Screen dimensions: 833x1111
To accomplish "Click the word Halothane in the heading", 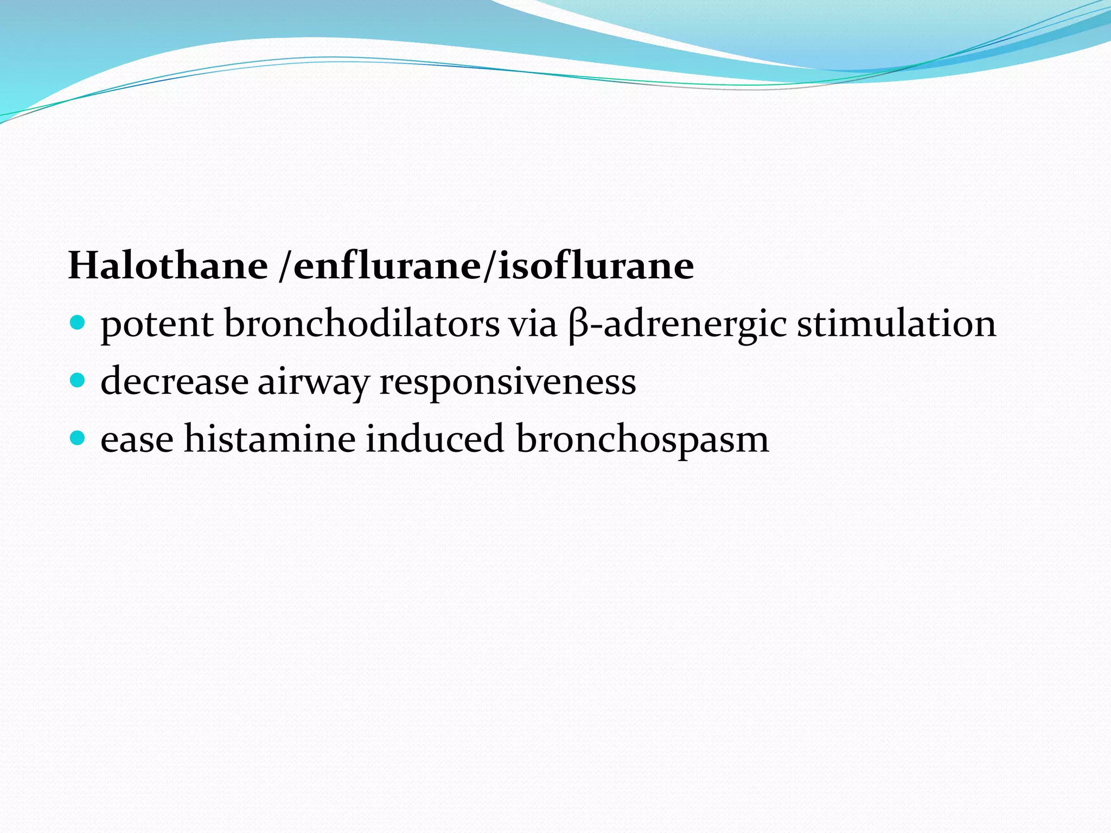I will [168, 266].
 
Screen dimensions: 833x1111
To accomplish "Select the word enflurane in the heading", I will [387, 267].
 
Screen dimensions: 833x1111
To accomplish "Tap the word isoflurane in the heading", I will [596, 266].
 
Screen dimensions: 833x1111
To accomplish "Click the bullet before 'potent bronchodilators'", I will [78, 324].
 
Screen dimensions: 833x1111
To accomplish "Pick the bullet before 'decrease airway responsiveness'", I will [78, 381].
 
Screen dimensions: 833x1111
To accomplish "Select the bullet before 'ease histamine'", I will [78, 438].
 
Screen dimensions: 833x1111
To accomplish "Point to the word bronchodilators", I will [362, 324].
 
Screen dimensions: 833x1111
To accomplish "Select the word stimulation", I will [896, 324].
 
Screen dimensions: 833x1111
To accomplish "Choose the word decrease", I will [174, 381].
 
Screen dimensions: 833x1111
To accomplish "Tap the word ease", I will [137, 440].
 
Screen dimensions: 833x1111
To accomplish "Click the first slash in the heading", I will [285, 267].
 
